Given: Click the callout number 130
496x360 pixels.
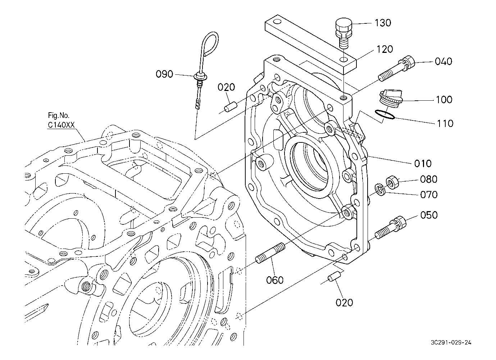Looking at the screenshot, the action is [383, 23].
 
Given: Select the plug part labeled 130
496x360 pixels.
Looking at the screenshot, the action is [343, 34].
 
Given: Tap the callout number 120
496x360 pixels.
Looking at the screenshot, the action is [384, 49].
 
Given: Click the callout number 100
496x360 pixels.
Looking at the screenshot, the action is [444, 100].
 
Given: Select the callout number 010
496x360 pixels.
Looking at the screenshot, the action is [423, 164].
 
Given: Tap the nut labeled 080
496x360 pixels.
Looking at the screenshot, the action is [392, 182].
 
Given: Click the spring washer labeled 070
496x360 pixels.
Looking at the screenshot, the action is [380, 189].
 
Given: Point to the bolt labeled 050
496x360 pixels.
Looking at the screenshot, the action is [391, 227].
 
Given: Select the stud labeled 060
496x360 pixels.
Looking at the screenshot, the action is [270, 253].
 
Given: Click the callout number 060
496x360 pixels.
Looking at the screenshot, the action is [275, 280].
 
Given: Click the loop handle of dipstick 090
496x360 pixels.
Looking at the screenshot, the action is [210, 44].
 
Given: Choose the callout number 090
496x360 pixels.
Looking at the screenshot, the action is [164, 74].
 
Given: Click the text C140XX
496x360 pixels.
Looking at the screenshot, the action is [62, 125].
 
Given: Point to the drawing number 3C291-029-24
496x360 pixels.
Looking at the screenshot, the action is [451, 343].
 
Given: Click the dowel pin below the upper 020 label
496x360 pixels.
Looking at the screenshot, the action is [231, 106].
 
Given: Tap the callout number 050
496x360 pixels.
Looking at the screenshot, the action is [429, 215].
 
